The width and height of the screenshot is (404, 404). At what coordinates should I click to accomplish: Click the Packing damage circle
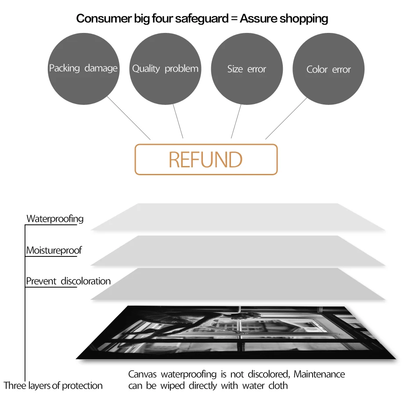83,69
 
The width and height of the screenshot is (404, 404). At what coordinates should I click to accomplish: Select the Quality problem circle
166,69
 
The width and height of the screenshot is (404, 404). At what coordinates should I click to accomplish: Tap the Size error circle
247,69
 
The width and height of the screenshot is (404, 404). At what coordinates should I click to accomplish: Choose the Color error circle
328,69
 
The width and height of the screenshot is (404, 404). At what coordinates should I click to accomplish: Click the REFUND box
206,159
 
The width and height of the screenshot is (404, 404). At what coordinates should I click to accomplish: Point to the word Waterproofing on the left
55,219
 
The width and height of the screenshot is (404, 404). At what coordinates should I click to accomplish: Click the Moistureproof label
54,251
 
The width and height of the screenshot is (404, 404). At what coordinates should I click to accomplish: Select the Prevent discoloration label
68,281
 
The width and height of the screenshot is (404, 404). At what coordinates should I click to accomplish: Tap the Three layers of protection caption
53,386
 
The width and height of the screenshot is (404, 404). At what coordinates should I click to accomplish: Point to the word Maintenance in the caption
319,375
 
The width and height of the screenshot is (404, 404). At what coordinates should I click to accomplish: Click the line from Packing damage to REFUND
129,119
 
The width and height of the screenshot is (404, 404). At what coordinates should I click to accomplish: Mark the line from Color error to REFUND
286,119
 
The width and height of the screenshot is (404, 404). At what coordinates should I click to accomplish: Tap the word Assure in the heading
258,18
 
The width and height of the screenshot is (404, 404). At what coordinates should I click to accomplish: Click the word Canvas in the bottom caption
144,375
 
